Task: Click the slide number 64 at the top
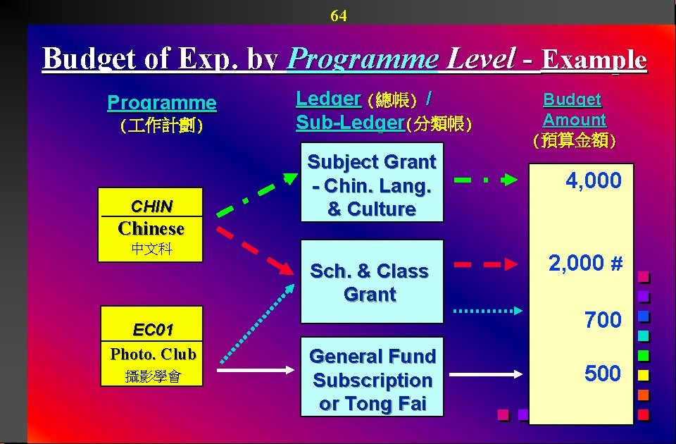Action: tap(339, 16)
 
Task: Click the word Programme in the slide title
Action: tap(363, 58)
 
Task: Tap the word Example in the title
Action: tap(594, 59)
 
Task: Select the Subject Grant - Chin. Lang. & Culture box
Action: tap(372, 185)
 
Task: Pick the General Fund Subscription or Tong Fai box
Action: tap(373, 380)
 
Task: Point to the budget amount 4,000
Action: tap(594, 181)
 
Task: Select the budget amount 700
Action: tap(603, 320)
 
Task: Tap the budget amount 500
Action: tap(603, 374)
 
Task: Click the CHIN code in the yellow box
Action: tap(151, 206)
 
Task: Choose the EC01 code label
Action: tap(153, 330)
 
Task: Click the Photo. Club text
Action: tap(153, 354)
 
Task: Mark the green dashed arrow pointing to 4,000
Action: tap(486, 180)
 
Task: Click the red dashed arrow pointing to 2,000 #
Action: tap(487, 265)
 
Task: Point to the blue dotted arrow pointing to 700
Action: tap(489, 310)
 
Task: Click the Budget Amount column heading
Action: tap(574, 110)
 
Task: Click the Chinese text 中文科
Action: tap(151, 249)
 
